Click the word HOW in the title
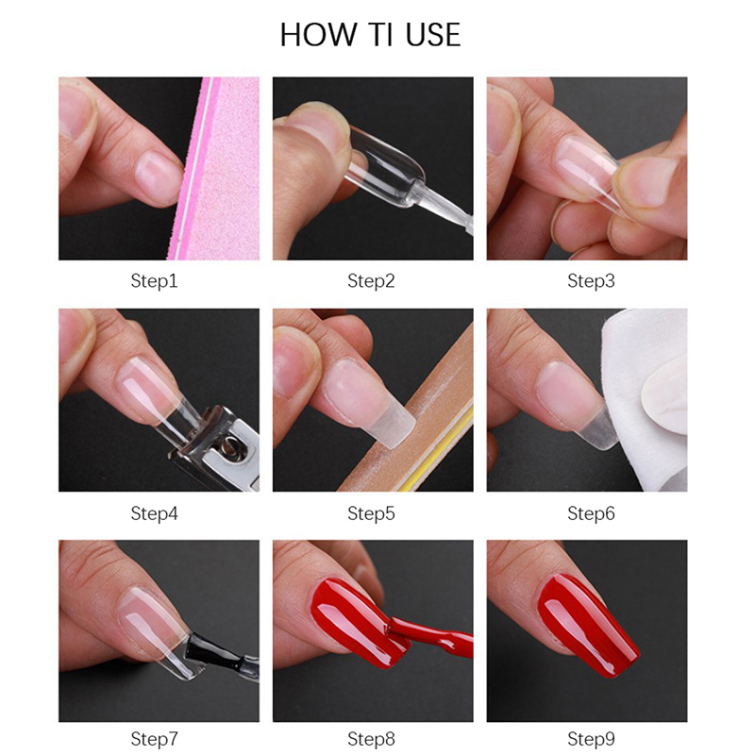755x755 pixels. [x=318, y=35]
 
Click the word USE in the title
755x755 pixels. [x=433, y=35]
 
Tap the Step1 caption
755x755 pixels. [x=154, y=281]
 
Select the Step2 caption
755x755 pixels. [x=371, y=281]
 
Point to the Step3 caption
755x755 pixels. [x=592, y=281]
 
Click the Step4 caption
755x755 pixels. [x=154, y=513]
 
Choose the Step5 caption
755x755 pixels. [x=371, y=513]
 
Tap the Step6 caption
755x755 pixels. [x=592, y=513]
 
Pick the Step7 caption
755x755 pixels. [x=154, y=739]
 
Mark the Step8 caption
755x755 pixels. [x=371, y=739]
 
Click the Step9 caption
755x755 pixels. [x=592, y=739]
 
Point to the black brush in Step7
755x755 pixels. [x=219, y=652]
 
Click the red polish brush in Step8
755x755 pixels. [x=428, y=633]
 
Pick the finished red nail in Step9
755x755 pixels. [x=588, y=625]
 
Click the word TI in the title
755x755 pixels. [x=380, y=35]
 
